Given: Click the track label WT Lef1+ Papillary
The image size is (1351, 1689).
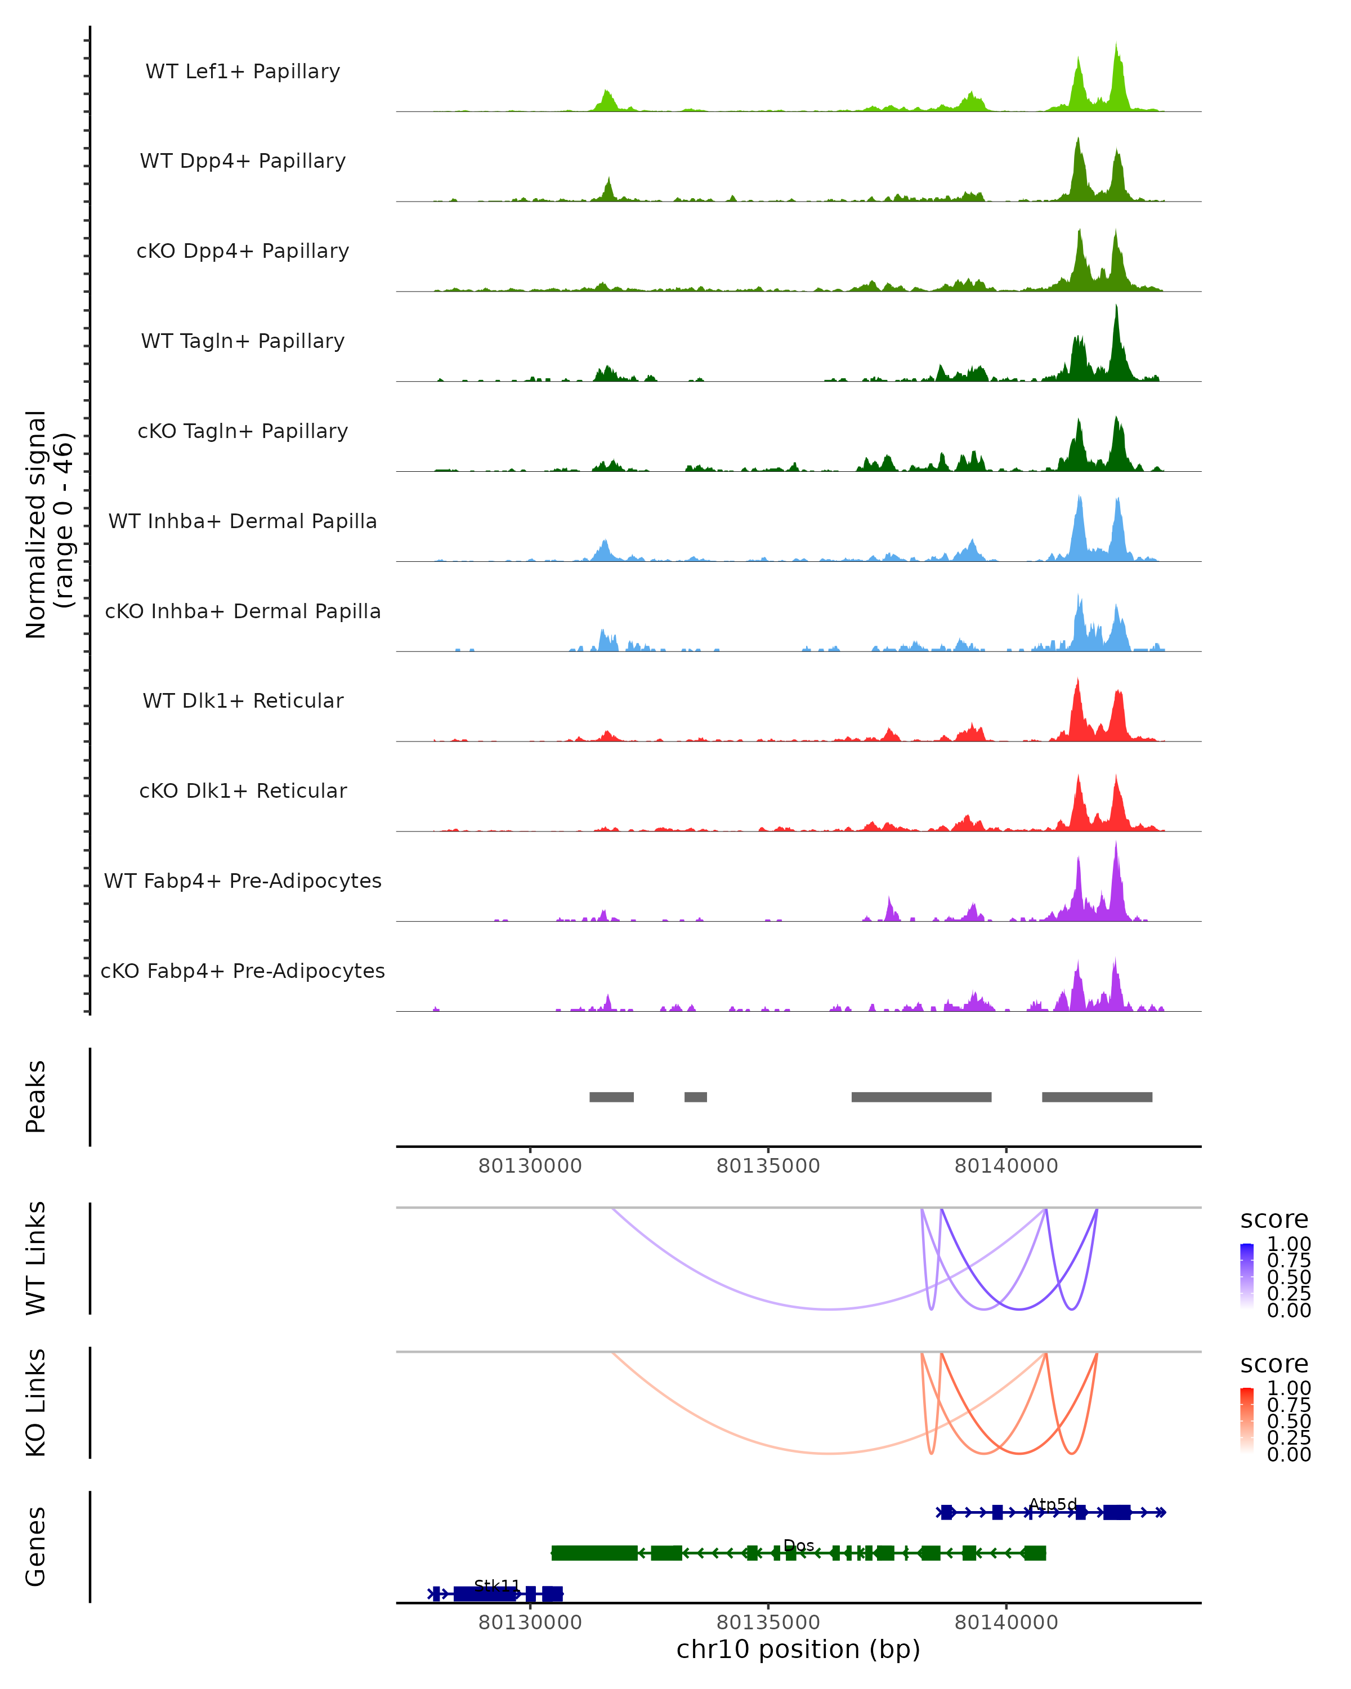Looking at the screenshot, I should [x=243, y=72].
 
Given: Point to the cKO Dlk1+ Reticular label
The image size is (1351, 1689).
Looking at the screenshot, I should [x=243, y=790].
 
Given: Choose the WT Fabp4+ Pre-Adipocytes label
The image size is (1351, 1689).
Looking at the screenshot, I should [x=243, y=881].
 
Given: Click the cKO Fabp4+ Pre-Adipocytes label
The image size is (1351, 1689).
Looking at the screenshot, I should [x=243, y=971].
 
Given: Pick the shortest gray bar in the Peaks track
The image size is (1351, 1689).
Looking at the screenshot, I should [x=695, y=1097].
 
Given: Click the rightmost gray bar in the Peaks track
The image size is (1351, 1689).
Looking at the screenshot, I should [x=1097, y=1097].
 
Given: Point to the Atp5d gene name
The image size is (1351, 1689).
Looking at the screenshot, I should [x=1053, y=1504].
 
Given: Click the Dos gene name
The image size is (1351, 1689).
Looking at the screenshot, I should [x=798, y=1545].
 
